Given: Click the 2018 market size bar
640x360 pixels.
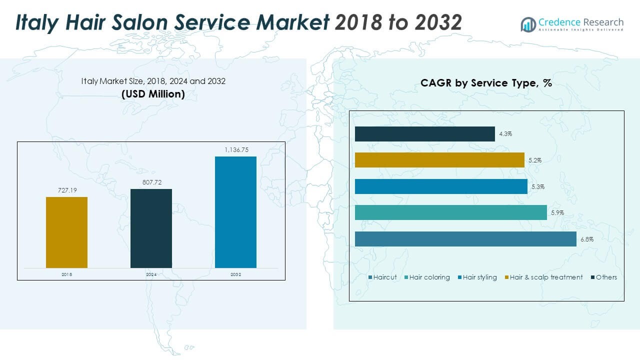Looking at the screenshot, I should point(66,232).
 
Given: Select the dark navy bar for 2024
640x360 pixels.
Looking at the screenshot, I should point(151,228).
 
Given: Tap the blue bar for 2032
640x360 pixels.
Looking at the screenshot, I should point(235,212).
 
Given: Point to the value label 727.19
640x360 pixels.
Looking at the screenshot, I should point(66,190).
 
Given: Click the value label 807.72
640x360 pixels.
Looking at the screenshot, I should point(151,182).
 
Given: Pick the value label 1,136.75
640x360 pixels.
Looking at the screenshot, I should point(235,150).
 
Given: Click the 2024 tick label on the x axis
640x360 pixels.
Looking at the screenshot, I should point(151,274).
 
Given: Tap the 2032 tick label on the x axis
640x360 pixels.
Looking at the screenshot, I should point(235,274).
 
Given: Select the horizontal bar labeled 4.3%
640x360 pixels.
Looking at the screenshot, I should point(424,134).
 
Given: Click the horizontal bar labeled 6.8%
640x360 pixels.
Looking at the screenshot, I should point(465,239).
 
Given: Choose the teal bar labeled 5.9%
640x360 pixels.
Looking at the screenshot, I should point(450,212).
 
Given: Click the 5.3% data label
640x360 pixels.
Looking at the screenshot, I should point(538,186).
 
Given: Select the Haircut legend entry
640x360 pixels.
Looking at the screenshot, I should point(382,277).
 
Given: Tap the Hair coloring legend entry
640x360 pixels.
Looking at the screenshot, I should point(427,277).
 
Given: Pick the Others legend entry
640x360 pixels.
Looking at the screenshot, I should point(603,277).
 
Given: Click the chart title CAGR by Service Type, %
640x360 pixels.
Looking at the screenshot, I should point(486,83).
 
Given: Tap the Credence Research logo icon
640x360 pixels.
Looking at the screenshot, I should point(528,24).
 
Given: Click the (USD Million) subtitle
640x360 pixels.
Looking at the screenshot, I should point(153,93).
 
